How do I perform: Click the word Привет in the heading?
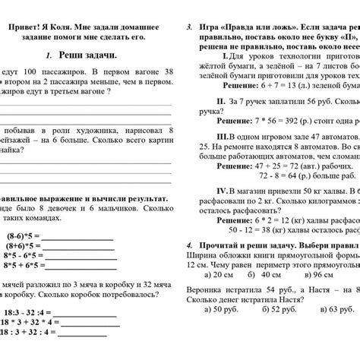click(27, 26)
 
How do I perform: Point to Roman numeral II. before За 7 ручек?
click(220, 100)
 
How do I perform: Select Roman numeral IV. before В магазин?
click(221, 191)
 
